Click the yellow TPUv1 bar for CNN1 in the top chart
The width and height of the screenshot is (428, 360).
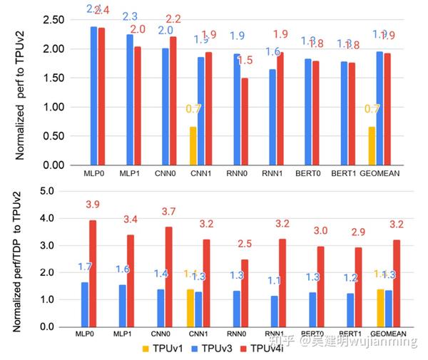click(193, 146)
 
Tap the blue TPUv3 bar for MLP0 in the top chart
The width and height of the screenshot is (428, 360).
click(93, 96)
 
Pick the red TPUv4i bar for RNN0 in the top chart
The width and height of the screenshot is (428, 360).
click(245, 121)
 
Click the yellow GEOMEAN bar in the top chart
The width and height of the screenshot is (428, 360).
click(371, 146)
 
